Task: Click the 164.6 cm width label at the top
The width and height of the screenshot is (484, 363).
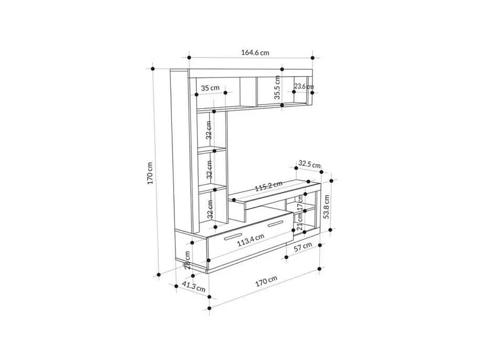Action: click(x=255, y=52)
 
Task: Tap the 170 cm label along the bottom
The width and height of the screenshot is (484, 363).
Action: click(x=266, y=281)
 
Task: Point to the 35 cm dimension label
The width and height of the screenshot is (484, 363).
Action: click(x=210, y=88)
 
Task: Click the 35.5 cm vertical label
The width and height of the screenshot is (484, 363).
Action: click(x=277, y=87)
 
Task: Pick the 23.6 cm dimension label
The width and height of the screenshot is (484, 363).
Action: click(x=304, y=86)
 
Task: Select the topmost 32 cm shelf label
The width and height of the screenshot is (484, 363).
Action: click(x=209, y=129)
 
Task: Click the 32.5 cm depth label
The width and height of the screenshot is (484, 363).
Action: click(x=309, y=164)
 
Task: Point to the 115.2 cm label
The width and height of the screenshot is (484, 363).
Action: click(x=268, y=186)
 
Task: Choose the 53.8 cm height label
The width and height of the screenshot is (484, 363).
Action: click(x=327, y=206)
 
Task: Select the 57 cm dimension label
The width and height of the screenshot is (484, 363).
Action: click(x=303, y=247)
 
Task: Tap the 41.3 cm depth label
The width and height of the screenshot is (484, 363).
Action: click(x=193, y=286)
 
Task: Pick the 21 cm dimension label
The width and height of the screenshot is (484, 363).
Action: click(x=299, y=222)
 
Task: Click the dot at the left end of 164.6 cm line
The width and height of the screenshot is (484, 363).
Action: click(x=189, y=57)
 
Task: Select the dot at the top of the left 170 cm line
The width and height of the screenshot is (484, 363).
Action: click(x=153, y=69)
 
